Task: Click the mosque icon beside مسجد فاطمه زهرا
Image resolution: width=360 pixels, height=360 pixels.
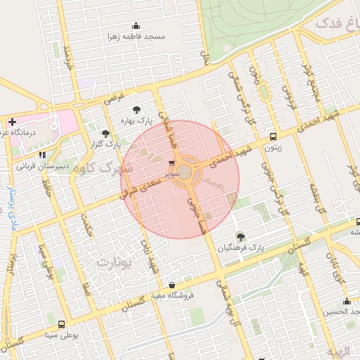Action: pyautogui.click(x=136, y=25)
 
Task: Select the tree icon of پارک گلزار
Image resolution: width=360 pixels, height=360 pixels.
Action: pyautogui.click(x=105, y=132)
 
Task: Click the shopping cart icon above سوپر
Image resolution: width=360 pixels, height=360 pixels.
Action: pyautogui.click(x=173, y=161)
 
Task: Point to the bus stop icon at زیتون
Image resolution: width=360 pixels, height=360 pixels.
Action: pyautogui.click(x=273, y=137)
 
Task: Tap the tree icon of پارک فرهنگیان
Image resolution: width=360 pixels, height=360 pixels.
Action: pyautogui.click(x=240, y=236)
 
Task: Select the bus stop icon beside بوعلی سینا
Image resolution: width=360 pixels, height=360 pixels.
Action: pyautogui.click(x=62, y=324)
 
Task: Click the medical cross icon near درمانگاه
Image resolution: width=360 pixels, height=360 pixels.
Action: pyautogui.click(x=12, y=122)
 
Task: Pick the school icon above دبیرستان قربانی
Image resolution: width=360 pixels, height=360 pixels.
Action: pyautogui.click(x=42, y=155)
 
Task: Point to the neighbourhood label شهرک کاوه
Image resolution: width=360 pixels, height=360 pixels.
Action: pyautogui.click(x=105, y=168)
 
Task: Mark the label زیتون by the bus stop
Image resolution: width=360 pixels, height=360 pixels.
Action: pyautogui.click(x=273, y=148)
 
